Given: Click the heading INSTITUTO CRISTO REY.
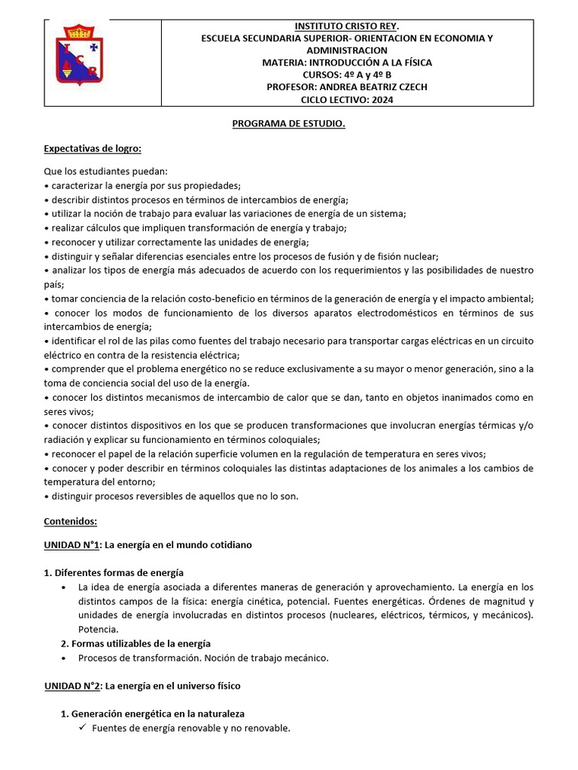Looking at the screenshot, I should click(x=347, y=26).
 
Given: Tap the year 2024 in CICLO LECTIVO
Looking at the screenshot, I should click(x=381, y=99).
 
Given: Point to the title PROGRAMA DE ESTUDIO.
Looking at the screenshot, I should click(x=288, y=124).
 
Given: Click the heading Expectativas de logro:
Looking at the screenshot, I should click(x=93, y=148).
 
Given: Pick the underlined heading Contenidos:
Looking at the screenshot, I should click(x=71, y=520).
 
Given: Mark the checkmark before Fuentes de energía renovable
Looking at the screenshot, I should click(x=82, y=728).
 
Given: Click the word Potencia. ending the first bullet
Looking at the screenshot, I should click(x=98, y=629).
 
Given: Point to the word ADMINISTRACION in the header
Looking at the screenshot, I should click(x=347, y=50).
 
